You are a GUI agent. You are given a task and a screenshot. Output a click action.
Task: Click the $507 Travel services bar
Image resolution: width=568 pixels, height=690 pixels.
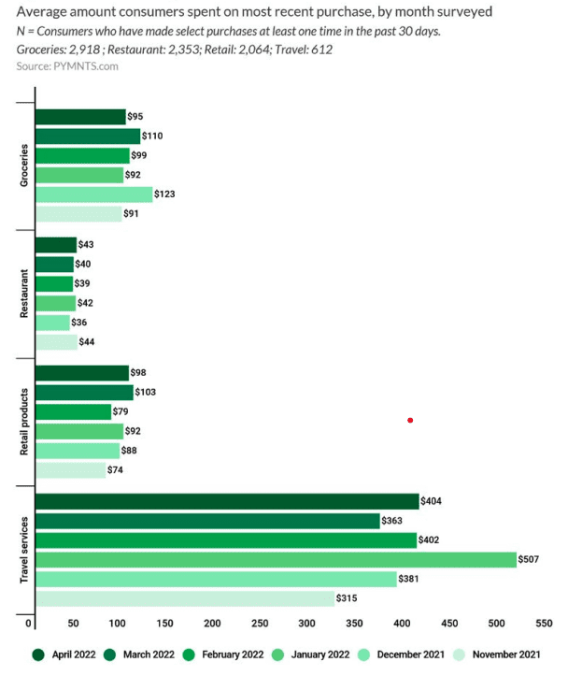[x=276, y=559]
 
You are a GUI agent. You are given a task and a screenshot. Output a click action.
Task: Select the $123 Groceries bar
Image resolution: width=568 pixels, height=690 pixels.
[x=93, y=194]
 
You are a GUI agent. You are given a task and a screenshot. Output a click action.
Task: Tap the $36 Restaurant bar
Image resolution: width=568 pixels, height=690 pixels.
[x=52, y=323]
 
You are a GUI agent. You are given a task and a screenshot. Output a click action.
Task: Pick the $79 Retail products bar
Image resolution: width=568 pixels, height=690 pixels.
[x=73, y=411]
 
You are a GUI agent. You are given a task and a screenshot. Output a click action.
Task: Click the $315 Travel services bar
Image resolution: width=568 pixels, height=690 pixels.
[x=184, y=598]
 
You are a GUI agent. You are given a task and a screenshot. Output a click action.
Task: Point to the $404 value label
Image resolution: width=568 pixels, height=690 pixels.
[x=431, y=501]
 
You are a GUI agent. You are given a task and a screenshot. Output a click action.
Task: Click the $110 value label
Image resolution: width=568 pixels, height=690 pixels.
[x=152, y=136]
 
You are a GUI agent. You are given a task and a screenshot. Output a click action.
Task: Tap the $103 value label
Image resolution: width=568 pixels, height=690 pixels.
[x=146, y=392]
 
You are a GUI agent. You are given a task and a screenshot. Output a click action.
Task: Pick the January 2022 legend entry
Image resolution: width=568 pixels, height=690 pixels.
[x=318, y=654]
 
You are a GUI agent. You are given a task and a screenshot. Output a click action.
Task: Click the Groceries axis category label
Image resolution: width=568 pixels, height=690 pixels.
[x=24, y=165]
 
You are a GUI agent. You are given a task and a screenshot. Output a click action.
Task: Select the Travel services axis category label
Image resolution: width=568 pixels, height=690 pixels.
[x=24, y=550]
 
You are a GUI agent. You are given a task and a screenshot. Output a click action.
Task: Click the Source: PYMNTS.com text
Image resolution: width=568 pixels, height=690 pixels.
[x=67, y=67]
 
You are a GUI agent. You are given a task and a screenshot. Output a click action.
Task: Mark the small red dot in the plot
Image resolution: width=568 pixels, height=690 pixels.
[x=410, y=420]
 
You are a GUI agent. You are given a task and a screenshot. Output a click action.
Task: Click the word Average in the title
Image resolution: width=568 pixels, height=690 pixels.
[x=44, y=12]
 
